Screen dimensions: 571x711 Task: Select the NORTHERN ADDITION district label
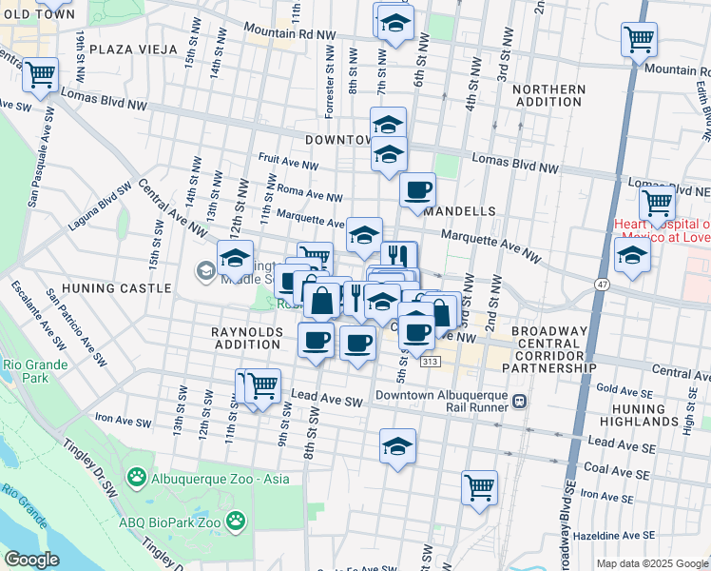tap(548, 96)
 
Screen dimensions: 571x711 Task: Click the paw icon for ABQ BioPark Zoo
tap(234, 521)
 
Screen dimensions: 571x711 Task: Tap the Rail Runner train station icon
tap(519, 402)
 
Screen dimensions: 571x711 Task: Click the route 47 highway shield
tap(603, 285)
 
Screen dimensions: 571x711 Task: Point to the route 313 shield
tap(431, 363)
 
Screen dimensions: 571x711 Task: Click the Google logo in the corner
tap(33, 560)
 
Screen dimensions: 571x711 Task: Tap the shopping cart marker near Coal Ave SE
tap(480, 487)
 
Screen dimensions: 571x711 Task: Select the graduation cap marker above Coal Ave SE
tap(397, 446)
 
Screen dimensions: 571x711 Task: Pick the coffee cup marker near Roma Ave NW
tap(416, 189)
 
